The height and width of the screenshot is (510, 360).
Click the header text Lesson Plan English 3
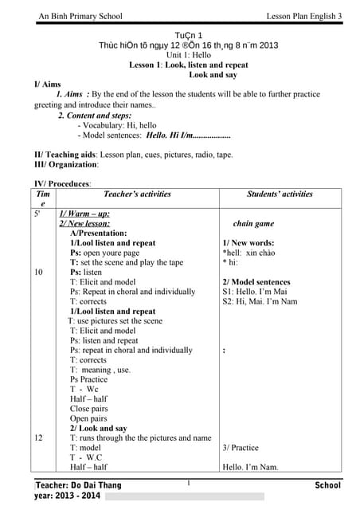point(303,17)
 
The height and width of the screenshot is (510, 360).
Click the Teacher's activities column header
point(137,194)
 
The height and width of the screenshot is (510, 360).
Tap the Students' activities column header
point(280,194)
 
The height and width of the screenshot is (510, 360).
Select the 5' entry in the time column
point(37,214)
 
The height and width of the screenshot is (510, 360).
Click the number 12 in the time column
point(38,437)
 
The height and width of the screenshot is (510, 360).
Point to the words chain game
point(253,224)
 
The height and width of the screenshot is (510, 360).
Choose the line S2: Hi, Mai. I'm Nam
point(260,301)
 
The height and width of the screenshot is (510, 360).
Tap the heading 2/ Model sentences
point(256,282)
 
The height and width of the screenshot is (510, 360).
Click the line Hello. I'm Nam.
point(250,467)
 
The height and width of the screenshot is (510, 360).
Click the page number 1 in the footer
point(188,483)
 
